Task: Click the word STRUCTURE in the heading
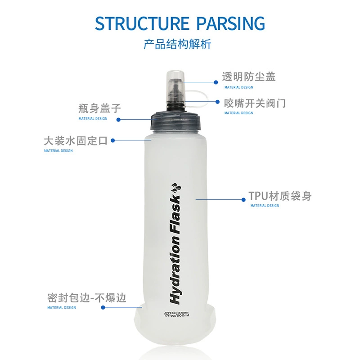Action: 142,23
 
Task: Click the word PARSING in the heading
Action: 231,23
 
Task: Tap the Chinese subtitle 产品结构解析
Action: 177,44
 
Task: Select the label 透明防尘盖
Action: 249,76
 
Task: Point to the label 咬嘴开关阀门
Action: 255,103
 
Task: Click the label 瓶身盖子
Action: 99,108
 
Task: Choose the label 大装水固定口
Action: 76,141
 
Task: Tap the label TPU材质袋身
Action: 280,196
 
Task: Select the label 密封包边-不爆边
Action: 87,298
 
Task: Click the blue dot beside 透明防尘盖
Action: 216,82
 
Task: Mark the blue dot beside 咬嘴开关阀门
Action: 218,102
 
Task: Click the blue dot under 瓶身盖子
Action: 118,120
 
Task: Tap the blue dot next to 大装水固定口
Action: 113,140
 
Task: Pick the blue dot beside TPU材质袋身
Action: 243,200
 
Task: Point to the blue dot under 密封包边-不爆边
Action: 103,307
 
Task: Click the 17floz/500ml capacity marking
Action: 176,315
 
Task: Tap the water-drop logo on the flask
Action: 176,188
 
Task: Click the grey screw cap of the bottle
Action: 176,121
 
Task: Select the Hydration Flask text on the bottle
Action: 175,250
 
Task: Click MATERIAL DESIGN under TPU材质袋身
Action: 265,206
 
